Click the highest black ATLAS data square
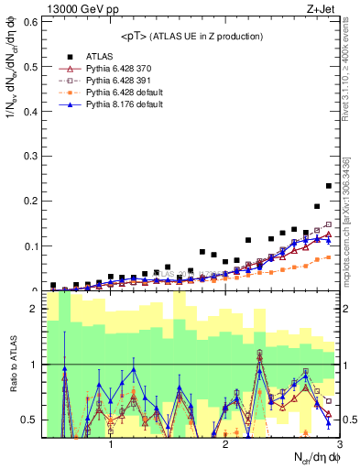pyautogui.click(x=329, y=186)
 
